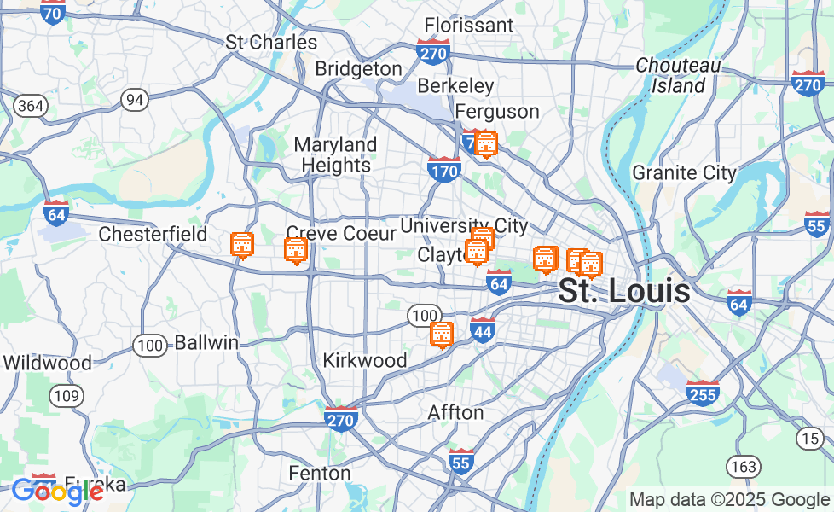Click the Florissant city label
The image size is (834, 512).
[x=468, y=25]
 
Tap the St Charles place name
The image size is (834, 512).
[x=271, y=42]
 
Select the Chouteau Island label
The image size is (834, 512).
[x=679, y=75]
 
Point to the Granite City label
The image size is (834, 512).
[x=684, y=173]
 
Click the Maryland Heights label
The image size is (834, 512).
[x=336, y=154]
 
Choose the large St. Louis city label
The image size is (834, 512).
[x=623, y=291]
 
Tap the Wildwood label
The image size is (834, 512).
[x=47, y=363]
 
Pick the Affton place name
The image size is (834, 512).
[x=455, y=412]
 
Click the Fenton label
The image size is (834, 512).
[x=320, y=473]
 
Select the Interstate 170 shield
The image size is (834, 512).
[x=444, y=168]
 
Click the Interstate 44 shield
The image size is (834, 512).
[x=483, y=330]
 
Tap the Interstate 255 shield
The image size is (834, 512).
[x=702, y=392]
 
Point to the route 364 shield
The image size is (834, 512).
[x=30, y=106]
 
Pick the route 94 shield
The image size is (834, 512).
[x=134, y=100]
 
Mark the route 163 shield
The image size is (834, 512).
[x=743, y=466]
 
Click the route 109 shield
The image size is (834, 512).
[x=66, y=396]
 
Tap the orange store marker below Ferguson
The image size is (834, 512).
[x=486, y=145]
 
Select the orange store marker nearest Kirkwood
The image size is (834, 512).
[x=441, y=335]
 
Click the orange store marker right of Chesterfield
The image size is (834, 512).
[x=242, y=245]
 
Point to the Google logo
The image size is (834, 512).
[x=57, y=491]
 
